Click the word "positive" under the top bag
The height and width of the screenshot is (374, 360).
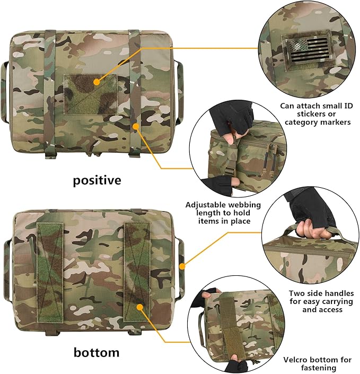coord(97,180)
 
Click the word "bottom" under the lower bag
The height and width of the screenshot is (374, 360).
coord(96,352)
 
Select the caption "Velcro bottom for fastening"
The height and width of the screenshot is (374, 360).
coord(317,363)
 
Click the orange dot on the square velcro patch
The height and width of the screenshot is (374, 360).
coord(96,82)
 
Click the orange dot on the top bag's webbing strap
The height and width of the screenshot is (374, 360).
coord(136,126)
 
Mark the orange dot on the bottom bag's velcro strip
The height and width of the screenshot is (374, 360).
coord(139,306)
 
